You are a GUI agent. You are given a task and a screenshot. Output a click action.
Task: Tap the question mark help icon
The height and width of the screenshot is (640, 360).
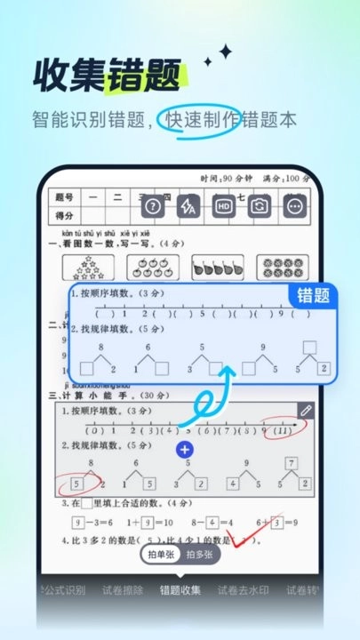click(x=153, y=207)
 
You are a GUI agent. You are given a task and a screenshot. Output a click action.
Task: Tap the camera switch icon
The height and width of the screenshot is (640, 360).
click(x=259, y=207)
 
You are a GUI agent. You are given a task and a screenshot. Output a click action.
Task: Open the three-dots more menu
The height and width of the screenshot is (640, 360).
click(x=294, y=207)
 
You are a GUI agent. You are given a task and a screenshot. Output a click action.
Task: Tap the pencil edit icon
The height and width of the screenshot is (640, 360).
click(x=306, y=411)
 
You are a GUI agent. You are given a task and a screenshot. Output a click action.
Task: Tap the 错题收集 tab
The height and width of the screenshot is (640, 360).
click(x=180, y=589)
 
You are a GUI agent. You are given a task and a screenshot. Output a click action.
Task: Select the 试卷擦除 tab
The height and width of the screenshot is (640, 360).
click(x=122, y=589)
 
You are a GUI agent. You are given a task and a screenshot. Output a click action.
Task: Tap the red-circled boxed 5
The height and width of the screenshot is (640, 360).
click(x=76, y=485)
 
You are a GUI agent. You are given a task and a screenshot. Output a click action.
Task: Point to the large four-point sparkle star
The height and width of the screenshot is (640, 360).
click(x=226, y=53)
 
